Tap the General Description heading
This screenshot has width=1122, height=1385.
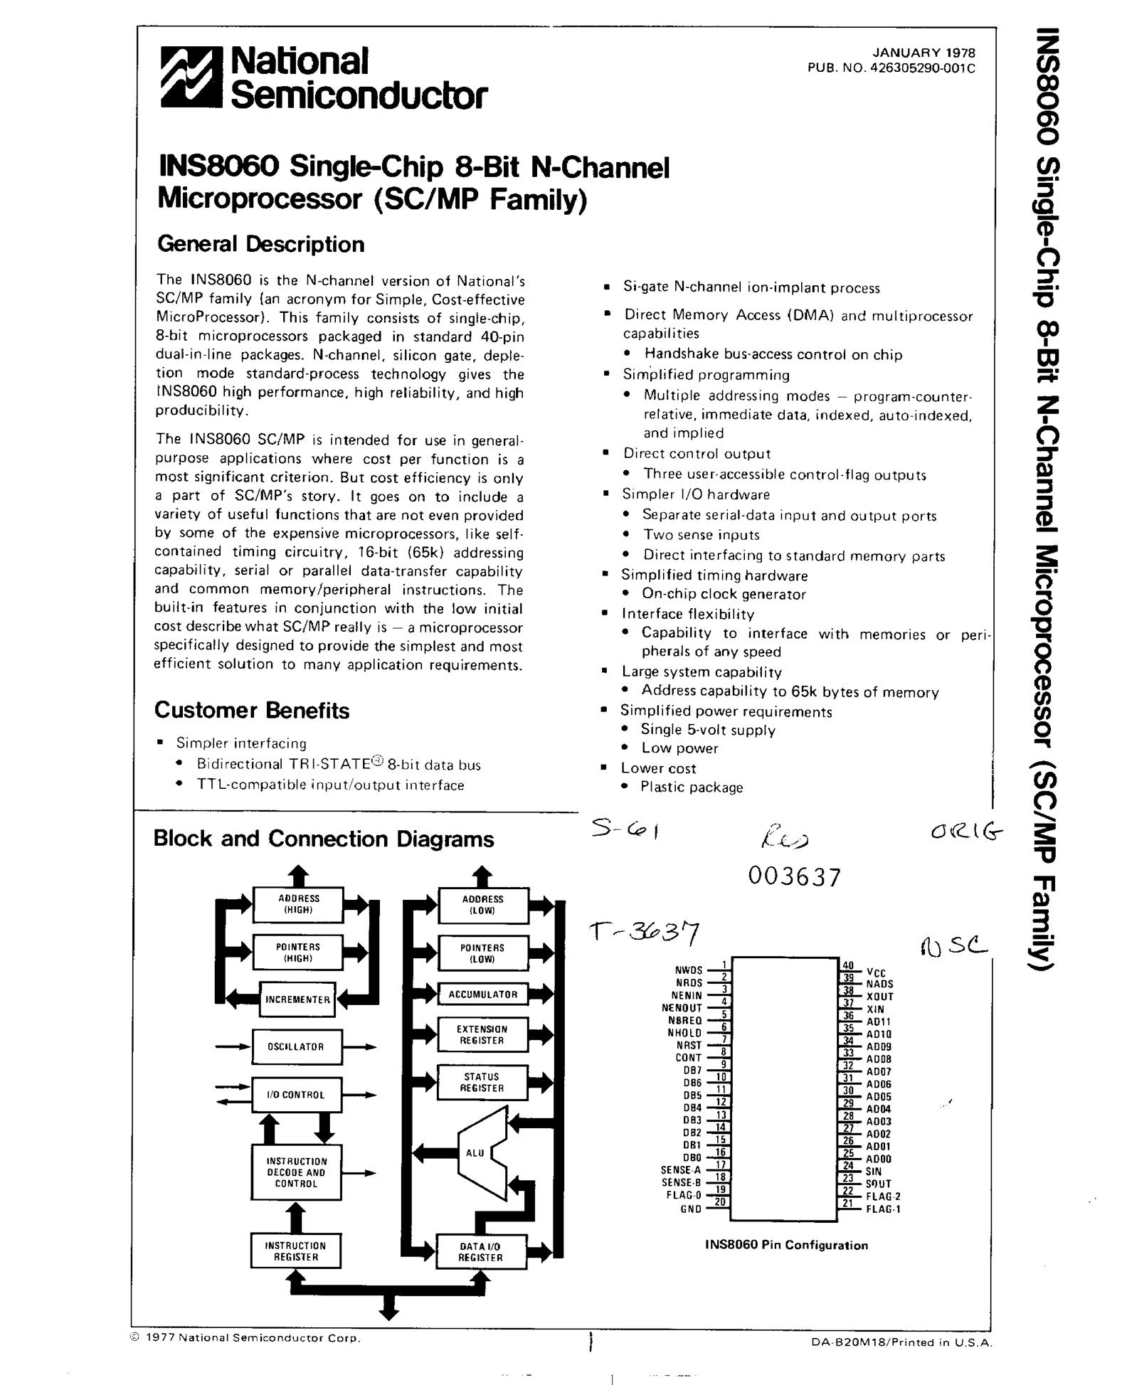point(260,244)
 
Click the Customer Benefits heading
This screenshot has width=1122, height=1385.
point(252,710)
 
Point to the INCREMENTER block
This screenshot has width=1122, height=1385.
point(297,999)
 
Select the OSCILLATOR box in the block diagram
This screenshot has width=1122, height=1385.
point(296,1046)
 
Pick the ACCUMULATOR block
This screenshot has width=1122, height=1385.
point(482,994)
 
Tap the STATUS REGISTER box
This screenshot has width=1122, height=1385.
point(482,1082)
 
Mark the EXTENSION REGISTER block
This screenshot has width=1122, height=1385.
point(482,1034)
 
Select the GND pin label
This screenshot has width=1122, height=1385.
point(691,1209)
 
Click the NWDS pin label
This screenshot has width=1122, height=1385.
point(688,970)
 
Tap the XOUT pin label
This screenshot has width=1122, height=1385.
point(879,997)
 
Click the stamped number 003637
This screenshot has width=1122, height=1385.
point(794,876)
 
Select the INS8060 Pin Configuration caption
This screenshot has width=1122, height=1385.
point(786,1245)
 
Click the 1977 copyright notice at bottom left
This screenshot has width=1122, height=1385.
point(246,1337)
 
